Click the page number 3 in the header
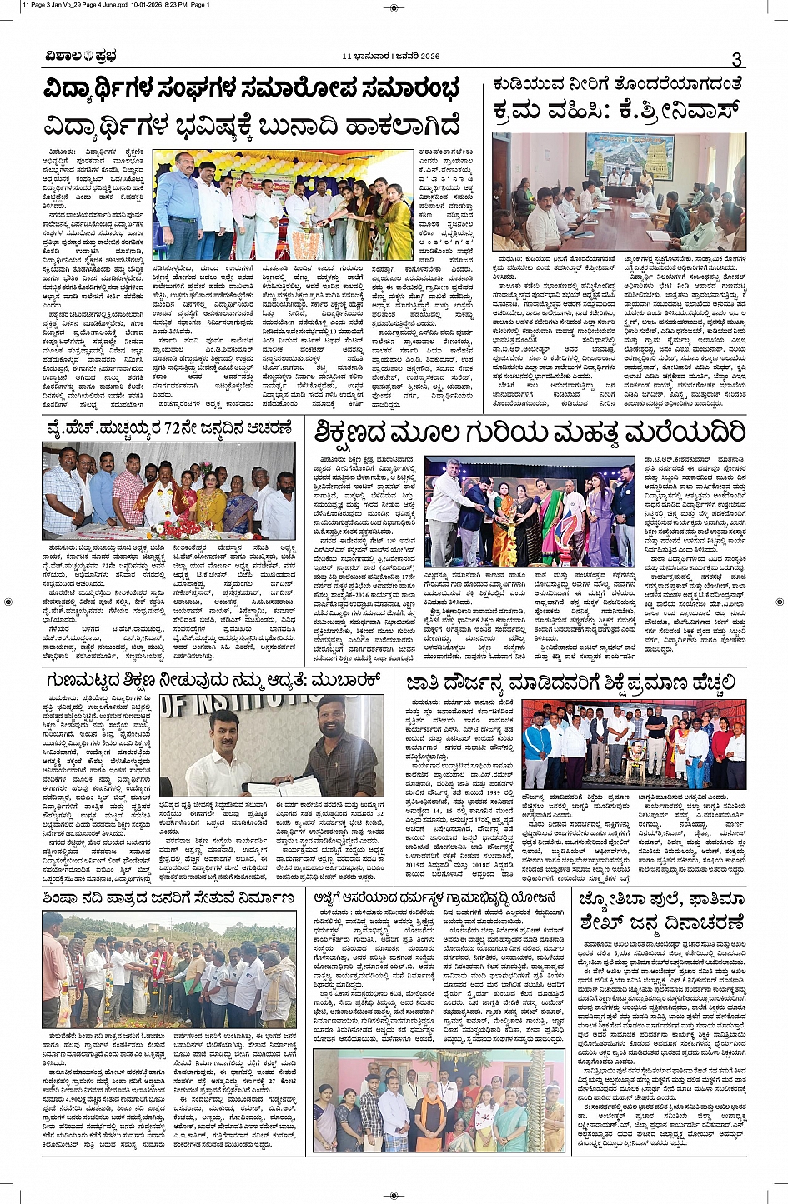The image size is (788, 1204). tap(736, 59)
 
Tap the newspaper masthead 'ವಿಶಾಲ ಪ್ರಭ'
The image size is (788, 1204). tap(81, 57)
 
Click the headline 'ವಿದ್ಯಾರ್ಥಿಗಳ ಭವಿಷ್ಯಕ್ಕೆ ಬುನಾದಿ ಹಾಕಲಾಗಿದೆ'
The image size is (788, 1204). tap(252, 126)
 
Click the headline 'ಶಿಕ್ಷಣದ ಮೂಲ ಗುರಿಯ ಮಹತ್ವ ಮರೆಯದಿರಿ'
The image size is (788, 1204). tap(530, 433)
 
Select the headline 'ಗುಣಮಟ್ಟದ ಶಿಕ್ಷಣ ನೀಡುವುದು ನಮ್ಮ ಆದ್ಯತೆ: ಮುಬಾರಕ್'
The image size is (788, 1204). tap(213, 682)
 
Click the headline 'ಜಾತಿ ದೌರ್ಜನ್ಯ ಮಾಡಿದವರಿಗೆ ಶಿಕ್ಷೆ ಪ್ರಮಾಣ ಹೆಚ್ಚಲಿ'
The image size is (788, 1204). tap(572, 683)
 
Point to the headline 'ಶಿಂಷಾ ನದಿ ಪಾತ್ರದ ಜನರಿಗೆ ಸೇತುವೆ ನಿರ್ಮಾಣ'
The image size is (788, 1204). tap(169, 897)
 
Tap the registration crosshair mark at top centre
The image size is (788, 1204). tap(394, 7)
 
